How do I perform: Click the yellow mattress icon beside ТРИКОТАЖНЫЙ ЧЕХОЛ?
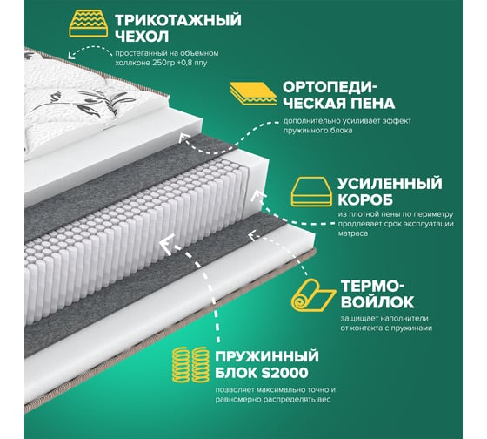[89, 24]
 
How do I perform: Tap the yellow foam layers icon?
[253, 94]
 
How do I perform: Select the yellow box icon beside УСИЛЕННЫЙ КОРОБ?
[311, 192]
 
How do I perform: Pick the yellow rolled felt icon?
[313, 294]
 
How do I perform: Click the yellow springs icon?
[191, 364]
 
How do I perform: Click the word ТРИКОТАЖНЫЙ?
[178, 20]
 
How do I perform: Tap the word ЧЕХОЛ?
[142, 37]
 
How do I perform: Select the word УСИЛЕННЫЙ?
[390, 184]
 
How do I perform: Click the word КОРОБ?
[365, 199]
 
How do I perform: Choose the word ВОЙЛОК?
[377, 301]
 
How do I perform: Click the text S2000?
[284, 373]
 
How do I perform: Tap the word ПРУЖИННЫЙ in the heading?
[267, 356]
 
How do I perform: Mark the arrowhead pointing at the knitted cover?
[72, 55]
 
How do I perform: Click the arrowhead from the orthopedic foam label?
[184, 138]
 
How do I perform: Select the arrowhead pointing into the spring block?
[166, 244]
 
